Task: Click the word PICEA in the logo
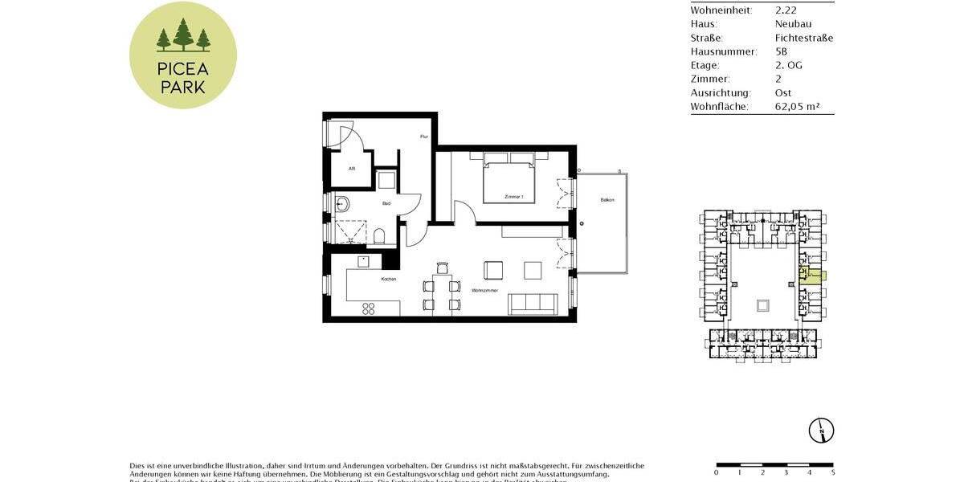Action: click(183, 67)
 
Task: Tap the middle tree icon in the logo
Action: click(183, 36)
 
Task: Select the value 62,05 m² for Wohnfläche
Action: click(797, 106)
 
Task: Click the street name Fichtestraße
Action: click(803, 38)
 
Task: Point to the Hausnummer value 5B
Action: click(782, 51)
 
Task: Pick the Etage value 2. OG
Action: click(788, 65)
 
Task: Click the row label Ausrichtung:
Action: click(721, 92)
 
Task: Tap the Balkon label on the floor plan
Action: click(607, 200)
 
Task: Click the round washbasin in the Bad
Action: click(341, 203)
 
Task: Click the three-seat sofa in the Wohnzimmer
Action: click(533, 304)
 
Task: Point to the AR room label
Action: click(351, 169)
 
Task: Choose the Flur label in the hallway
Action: click(423, 137)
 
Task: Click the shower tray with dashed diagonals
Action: click(348, 231)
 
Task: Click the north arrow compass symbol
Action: click(822, 431)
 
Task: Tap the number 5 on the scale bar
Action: click(832, 472)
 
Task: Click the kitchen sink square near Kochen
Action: click(364, 260)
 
